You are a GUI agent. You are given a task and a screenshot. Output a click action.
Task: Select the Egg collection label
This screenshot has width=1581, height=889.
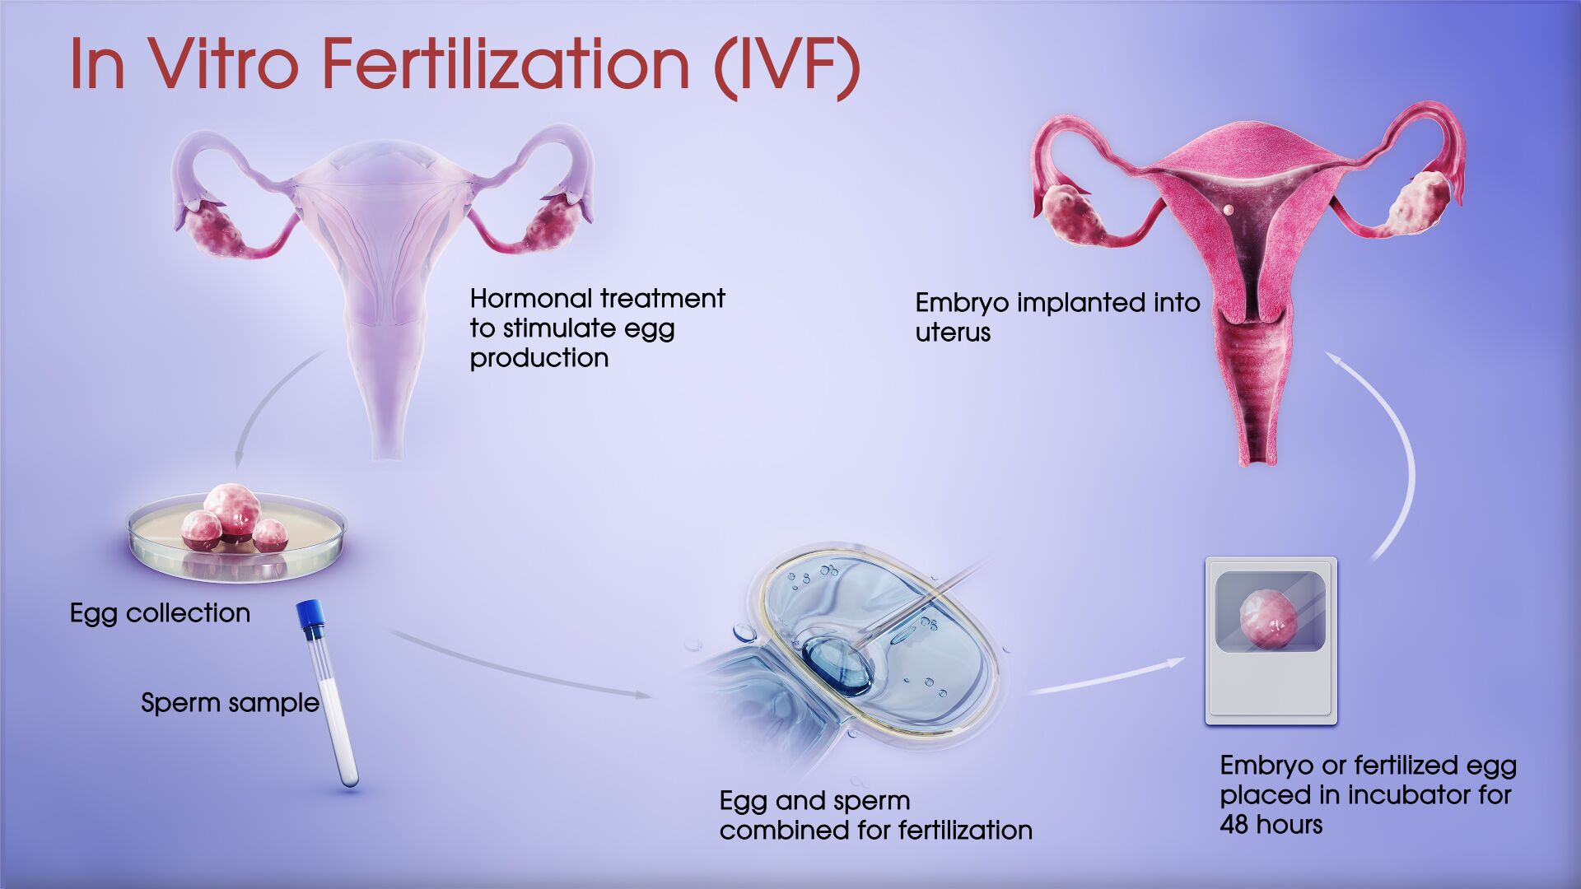point(160,613)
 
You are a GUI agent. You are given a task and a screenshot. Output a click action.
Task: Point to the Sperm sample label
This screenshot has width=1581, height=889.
point(230,703)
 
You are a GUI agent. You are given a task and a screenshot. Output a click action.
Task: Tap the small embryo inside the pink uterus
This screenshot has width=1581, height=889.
point(1228,209)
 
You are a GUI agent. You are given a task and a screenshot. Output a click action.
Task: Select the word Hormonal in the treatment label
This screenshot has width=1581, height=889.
point(530,298)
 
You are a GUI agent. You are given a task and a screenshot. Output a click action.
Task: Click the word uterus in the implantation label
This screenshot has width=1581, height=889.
point(953,333)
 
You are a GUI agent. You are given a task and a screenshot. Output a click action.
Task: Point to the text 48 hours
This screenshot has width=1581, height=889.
point(1271,824)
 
